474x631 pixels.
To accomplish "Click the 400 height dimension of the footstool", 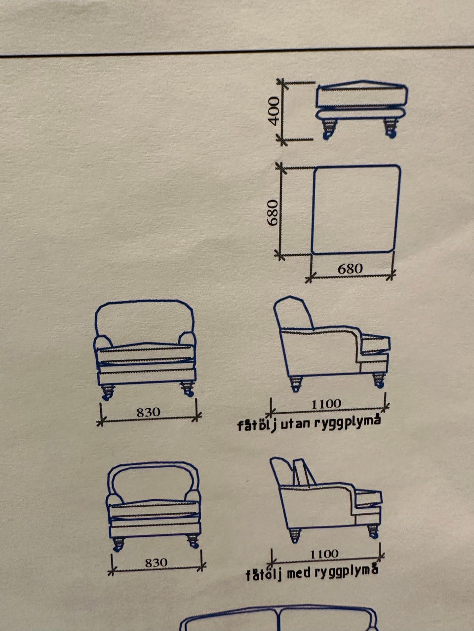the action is (x=274, y=111).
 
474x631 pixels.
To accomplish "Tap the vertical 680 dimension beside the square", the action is (x=272, y=212).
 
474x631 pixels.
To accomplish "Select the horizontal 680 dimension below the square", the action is (x=350, y=269).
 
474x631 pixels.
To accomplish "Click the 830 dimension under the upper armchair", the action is (x=148, y=412).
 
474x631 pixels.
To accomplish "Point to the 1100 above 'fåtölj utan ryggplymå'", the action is (x=326, y=404).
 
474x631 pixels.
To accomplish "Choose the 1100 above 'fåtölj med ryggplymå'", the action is (x=324, y=554).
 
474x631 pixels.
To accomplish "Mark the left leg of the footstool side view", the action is (x=329, y=129).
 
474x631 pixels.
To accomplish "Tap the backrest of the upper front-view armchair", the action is (x=144, y=301).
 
